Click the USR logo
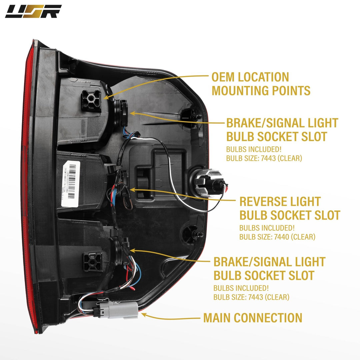(33, 11)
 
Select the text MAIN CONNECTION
(253, 318)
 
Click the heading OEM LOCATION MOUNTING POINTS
(261, 84)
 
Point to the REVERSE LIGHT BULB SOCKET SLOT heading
(290, 208)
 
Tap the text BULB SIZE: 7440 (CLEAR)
(277, 237)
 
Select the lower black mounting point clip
(92, 262)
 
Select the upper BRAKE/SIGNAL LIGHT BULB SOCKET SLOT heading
(282, 130)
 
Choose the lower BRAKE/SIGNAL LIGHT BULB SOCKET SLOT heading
(269, 269)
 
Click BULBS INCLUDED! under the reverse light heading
(267, 228)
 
